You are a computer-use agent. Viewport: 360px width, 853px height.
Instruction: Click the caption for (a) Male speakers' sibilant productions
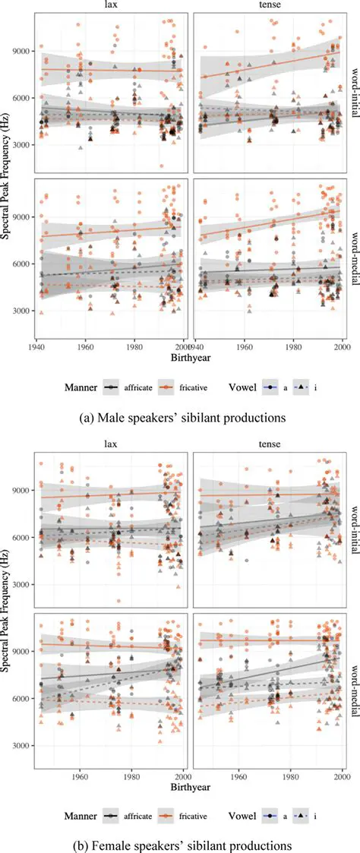(181, 417)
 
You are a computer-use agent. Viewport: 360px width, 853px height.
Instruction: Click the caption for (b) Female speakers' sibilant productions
(181, 844)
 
